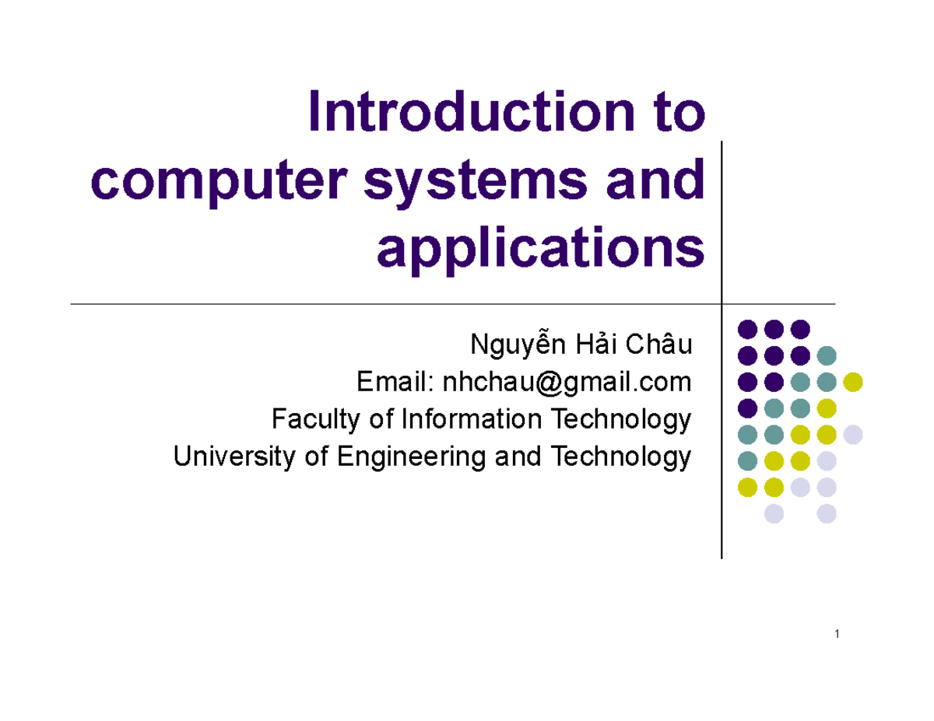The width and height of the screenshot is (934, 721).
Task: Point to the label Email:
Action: coord(394,383)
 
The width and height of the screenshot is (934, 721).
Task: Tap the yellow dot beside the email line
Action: coord(853,382)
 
